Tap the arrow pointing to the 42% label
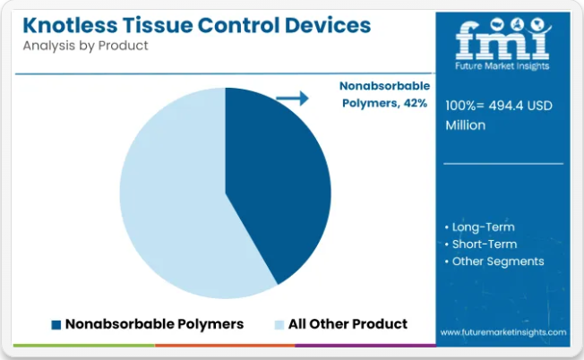click(x=292, y=99)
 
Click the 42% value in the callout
click(x=416, y=103)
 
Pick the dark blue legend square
click(x=56, y=325)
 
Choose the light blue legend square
click(x=279, y=325)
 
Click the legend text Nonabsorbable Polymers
click(x=154, y=324)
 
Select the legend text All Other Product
click(x=348, y=324)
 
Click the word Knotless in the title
click(x=70, y=25)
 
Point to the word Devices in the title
click(x=328, y=25)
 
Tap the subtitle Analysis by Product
click(x=85, y=46)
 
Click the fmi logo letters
click(x=502, y=40)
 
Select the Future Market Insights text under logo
click(x=502, y=66)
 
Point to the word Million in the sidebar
click(x=466, y=125)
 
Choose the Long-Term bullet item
click(x=480, y=227)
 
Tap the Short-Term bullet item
click(x=481, y=244)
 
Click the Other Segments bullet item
click(x=494, y=261)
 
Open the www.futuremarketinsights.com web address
click(x=503, y=332)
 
